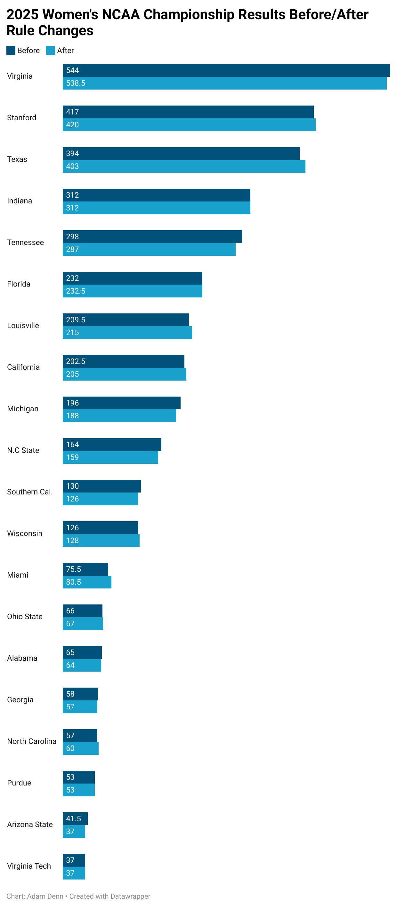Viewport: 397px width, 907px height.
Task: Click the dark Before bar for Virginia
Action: pyautogui.click(x=226, y=70)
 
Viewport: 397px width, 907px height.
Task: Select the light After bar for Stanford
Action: pyautogui.click(x=189, y=125)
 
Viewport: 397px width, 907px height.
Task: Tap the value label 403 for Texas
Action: pyautogui.click(x=72, y=166)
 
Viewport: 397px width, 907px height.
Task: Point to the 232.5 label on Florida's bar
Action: pyautogui.click(x=76, y=291)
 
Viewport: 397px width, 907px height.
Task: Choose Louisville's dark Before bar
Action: pyautogui.click(x=126, y=320)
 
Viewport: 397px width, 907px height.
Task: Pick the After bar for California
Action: pyautogui.click(x=124, y=374)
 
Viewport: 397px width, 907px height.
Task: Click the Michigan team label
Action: pyautogui.click(x=22, y=409)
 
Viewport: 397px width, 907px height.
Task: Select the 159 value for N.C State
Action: pyautogui.click(x=72, y=457)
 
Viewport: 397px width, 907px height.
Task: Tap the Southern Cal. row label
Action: pyautogui.click(x=30, y=492)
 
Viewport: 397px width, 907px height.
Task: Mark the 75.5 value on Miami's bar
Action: pyautogui.click(x=73, y=569)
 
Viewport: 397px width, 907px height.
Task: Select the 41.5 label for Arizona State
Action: pyautogui.click(x=73, y=819)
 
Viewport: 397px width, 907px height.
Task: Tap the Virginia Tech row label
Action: pyautogui.click(x=29, y=866)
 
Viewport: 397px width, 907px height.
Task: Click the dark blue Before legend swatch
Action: pyautogui.click(x=11, y=50)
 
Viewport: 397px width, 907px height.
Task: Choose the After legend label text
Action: pyautogui.click(x=65, y=50)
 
